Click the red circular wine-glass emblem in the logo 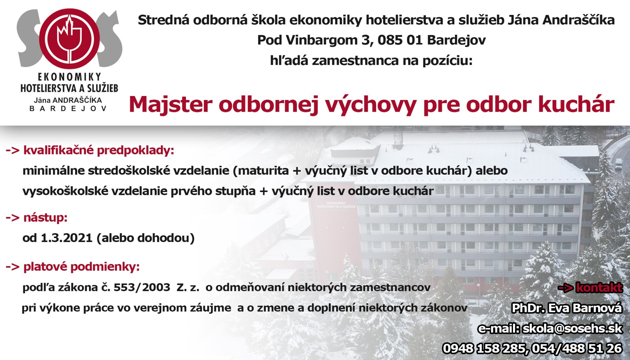(69, 39)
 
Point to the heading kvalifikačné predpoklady (99, 150)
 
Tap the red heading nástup (45, 218)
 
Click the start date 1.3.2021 (66, 238)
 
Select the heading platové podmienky (81, 267)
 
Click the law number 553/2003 (142, 287)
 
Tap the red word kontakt (599, 288)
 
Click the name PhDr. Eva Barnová (567, 308)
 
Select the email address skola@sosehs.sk (572, 328)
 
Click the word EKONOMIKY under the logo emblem (69, 77)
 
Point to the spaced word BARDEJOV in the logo (68, 109)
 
